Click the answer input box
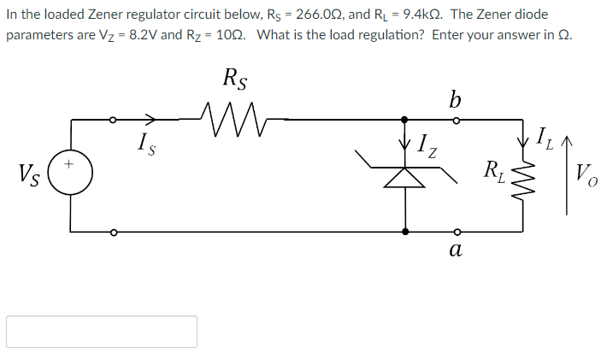tap(102, 331)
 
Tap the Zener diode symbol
tap(404, 174)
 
